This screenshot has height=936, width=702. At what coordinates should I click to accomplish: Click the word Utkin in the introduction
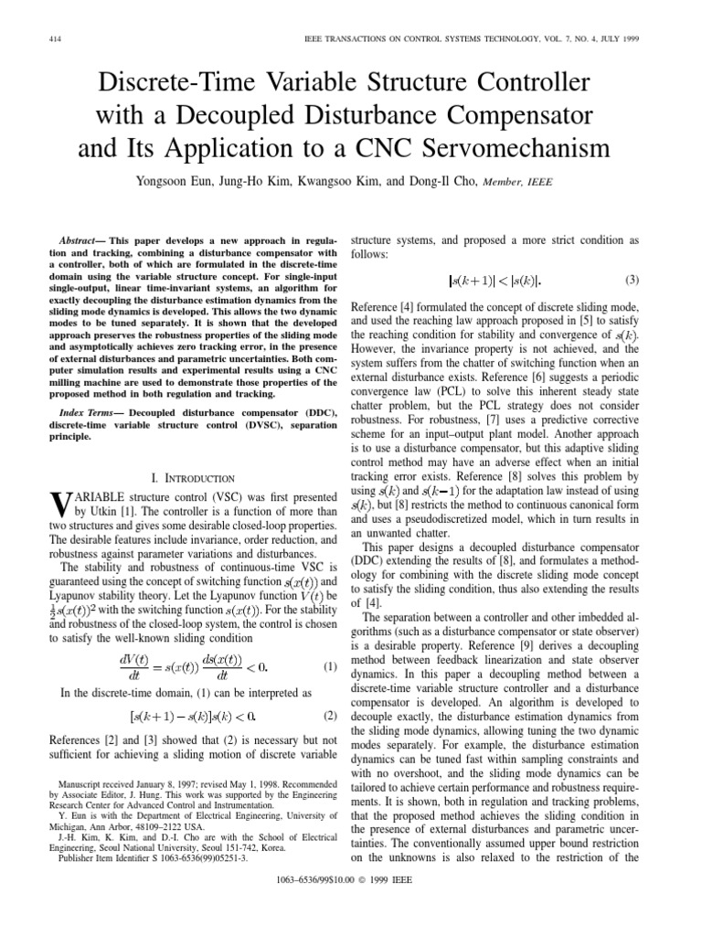tap(98, 511)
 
